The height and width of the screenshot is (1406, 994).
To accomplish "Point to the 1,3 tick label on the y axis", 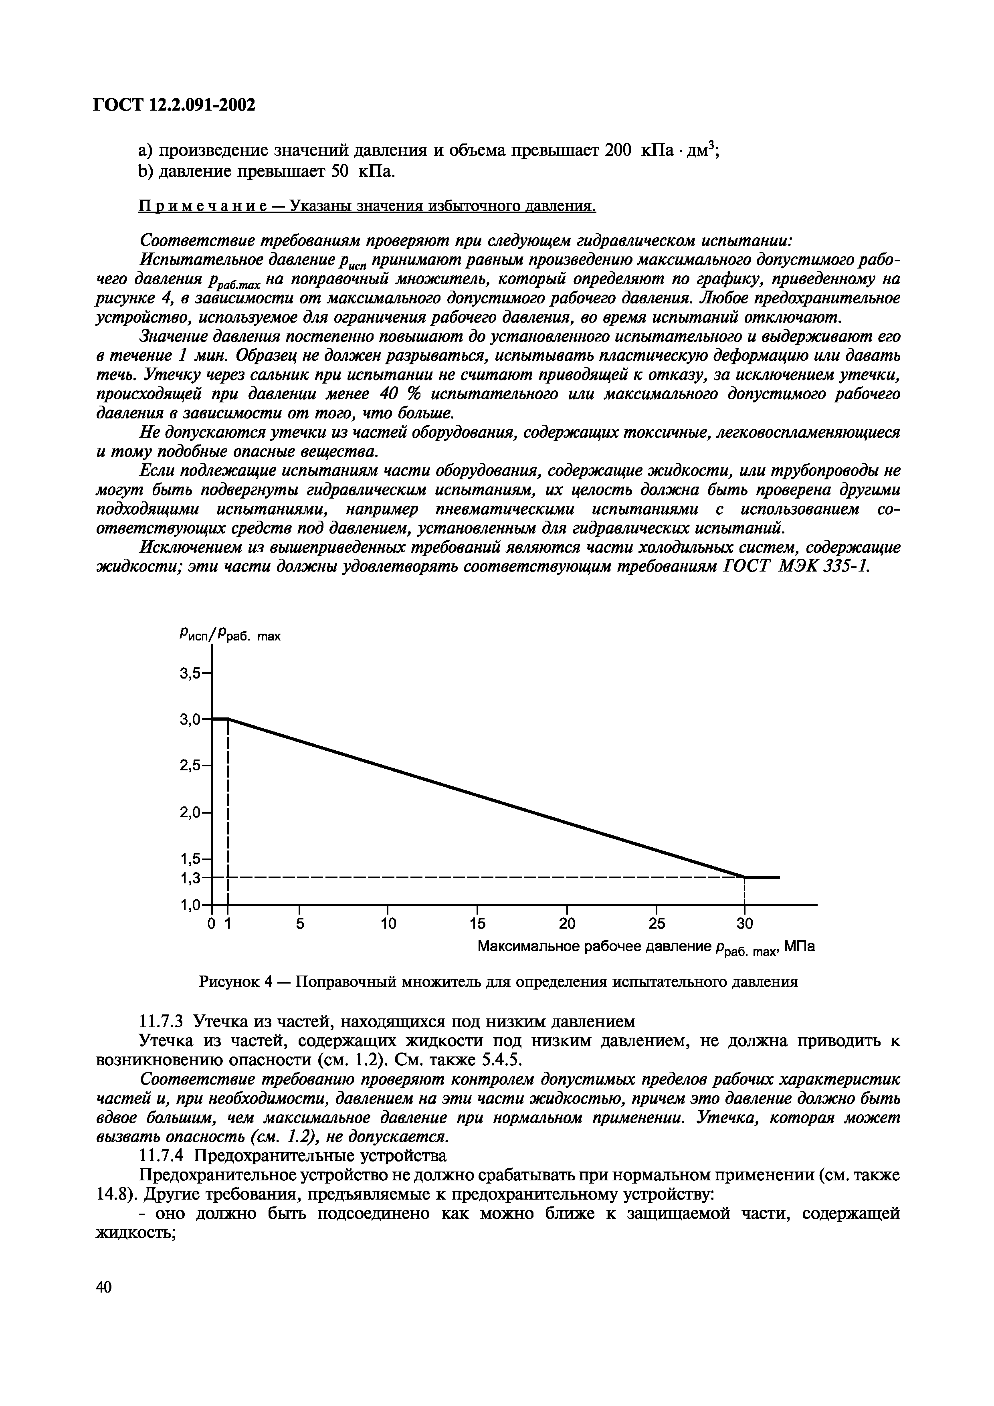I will tap(190, 878).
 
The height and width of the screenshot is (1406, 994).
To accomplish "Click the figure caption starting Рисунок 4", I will tap(498, 982).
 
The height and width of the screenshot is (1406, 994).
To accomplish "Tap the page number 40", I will tap(104, 1304).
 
